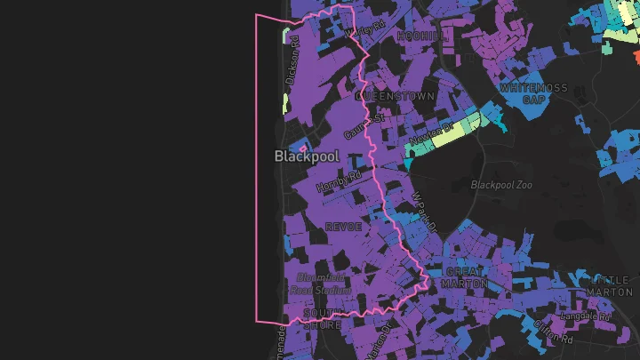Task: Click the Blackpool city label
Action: coord(307,156)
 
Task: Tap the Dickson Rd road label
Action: coord(293,60)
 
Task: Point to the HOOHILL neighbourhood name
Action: coord(420,36)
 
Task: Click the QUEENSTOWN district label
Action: coord(395,95)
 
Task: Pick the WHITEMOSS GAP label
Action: coord(533,93)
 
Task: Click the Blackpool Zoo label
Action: coord(500,185)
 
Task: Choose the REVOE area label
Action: coord(343,227)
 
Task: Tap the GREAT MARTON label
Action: coord(466,277)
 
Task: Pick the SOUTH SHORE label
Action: coord(322,319)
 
